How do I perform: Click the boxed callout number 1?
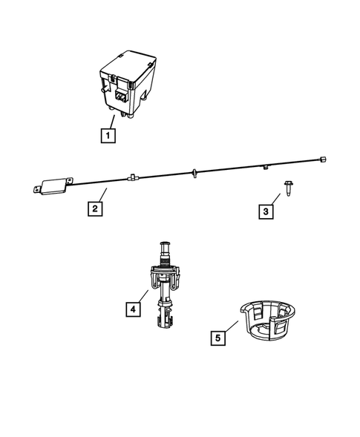tap(108, 136)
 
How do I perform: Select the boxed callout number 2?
tap(94, 208)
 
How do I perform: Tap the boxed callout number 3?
tap(266, 212)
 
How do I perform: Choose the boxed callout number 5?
tap(217, 338)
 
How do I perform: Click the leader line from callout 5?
tap(232, 329)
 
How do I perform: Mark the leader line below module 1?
tap(111, 122)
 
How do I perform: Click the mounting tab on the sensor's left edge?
tap(35, 188)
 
